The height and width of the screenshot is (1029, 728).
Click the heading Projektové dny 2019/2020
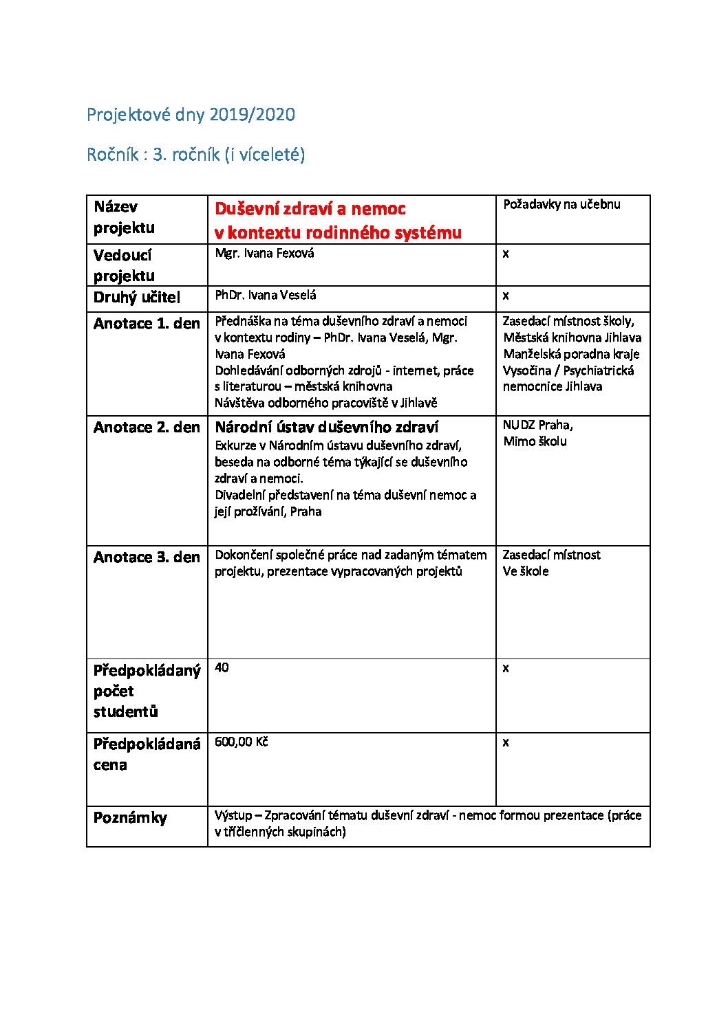[x=191, y=115]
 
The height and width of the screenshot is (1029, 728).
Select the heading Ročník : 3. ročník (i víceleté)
[x=195, y=155]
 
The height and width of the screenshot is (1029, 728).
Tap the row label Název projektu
[x=124, y=217]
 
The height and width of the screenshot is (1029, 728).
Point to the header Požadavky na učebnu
[x=561, y=205]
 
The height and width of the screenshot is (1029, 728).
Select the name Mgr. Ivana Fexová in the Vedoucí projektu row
[x=264, y=254]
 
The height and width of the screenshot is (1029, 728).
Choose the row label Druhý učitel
[x=137, y=298]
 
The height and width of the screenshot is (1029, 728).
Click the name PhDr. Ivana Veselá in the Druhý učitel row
[x=266, y=296]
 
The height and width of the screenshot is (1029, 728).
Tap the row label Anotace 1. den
[x=147, y=324]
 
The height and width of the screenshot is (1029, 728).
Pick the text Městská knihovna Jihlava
[x=572, y=338]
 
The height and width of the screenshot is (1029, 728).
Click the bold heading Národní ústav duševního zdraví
[x=327, y=428]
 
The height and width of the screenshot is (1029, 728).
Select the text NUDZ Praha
[x=537, y=425]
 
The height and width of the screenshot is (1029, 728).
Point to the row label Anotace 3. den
[x=147, y=557]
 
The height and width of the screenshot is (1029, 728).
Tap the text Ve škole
[x=526, y=572]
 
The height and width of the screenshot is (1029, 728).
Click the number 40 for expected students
[x=222, y=667]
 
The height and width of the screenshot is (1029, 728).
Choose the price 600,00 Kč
[x=241, y=742]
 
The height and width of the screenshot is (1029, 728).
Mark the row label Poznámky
[x=130, y=818]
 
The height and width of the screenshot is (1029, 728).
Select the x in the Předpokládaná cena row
[x=506, y=742]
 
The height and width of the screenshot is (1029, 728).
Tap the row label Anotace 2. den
[x=147, y=428]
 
